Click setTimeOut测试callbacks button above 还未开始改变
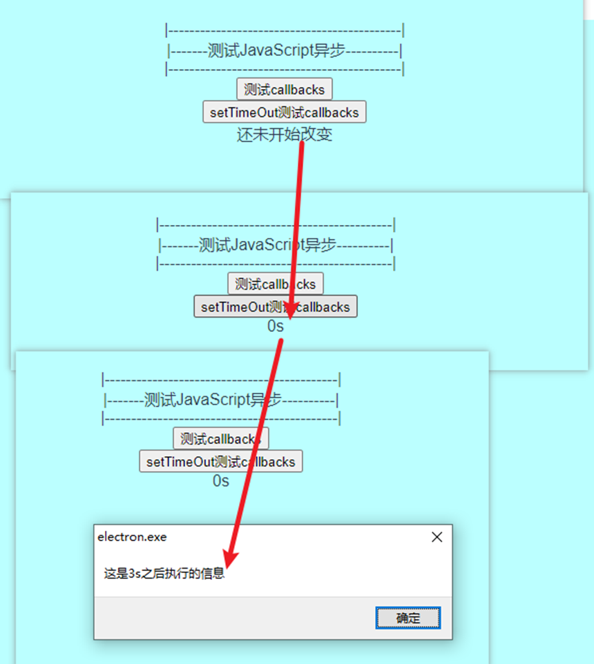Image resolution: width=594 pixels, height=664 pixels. [284, 112]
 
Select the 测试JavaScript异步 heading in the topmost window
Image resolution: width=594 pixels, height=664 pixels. [284, 50]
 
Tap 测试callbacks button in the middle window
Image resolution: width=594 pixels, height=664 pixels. [275, 284]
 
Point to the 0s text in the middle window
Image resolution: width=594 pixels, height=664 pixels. [275, 326]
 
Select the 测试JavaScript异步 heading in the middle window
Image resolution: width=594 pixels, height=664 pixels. [275, 244]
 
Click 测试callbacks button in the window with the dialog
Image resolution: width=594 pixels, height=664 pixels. [220, 438]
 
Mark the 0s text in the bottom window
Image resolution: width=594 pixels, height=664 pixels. [220, 481]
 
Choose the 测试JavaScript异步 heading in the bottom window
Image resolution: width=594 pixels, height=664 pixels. [220, 400]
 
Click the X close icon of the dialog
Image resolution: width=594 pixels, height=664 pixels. [437, 537]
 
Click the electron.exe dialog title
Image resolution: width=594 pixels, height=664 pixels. [132, 537]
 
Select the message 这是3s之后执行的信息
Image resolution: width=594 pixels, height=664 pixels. [164, 573]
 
